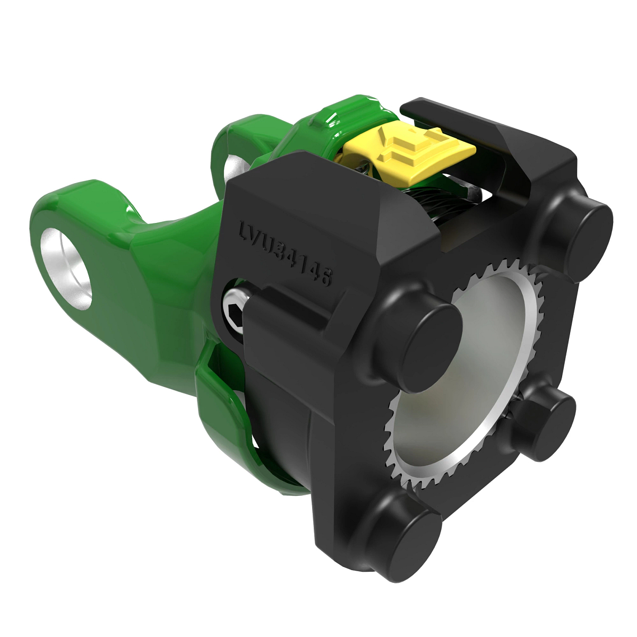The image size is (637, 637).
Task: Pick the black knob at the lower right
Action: (x=542, y=423)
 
